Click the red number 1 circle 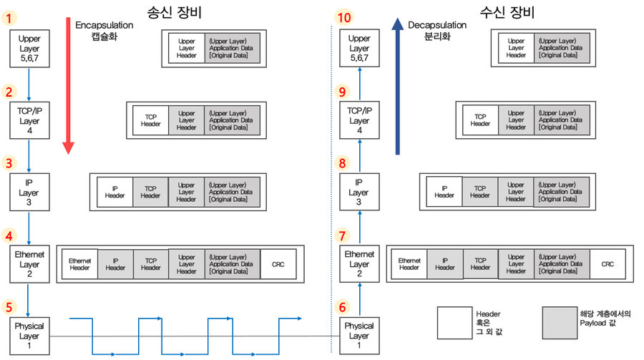pyautogui.click(x=9, y=19)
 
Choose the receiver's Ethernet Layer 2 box pyautogui.click(x=358, y=263)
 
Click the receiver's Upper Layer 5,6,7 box pyautogui.click(x=358, y=48)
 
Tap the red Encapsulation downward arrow pyautogui.click(x=68, y=86)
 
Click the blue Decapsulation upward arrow pyautogui.click(x=398, y=86)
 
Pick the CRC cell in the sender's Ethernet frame pyautogui.click(x=278, y=264)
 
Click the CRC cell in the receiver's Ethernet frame pyautogui.click(x=608, y=264)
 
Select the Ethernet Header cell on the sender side pyautogui.click(x=79, y=264)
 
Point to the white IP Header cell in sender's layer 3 pyautogui.click(x=114, y=192)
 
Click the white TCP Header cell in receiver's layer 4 pyautogui.click(x=480, y=120)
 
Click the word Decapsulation pyautogui.click(x=437, y=25)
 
